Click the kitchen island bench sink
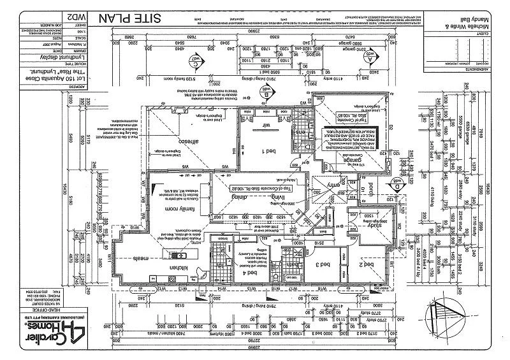[x=171, y=255]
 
